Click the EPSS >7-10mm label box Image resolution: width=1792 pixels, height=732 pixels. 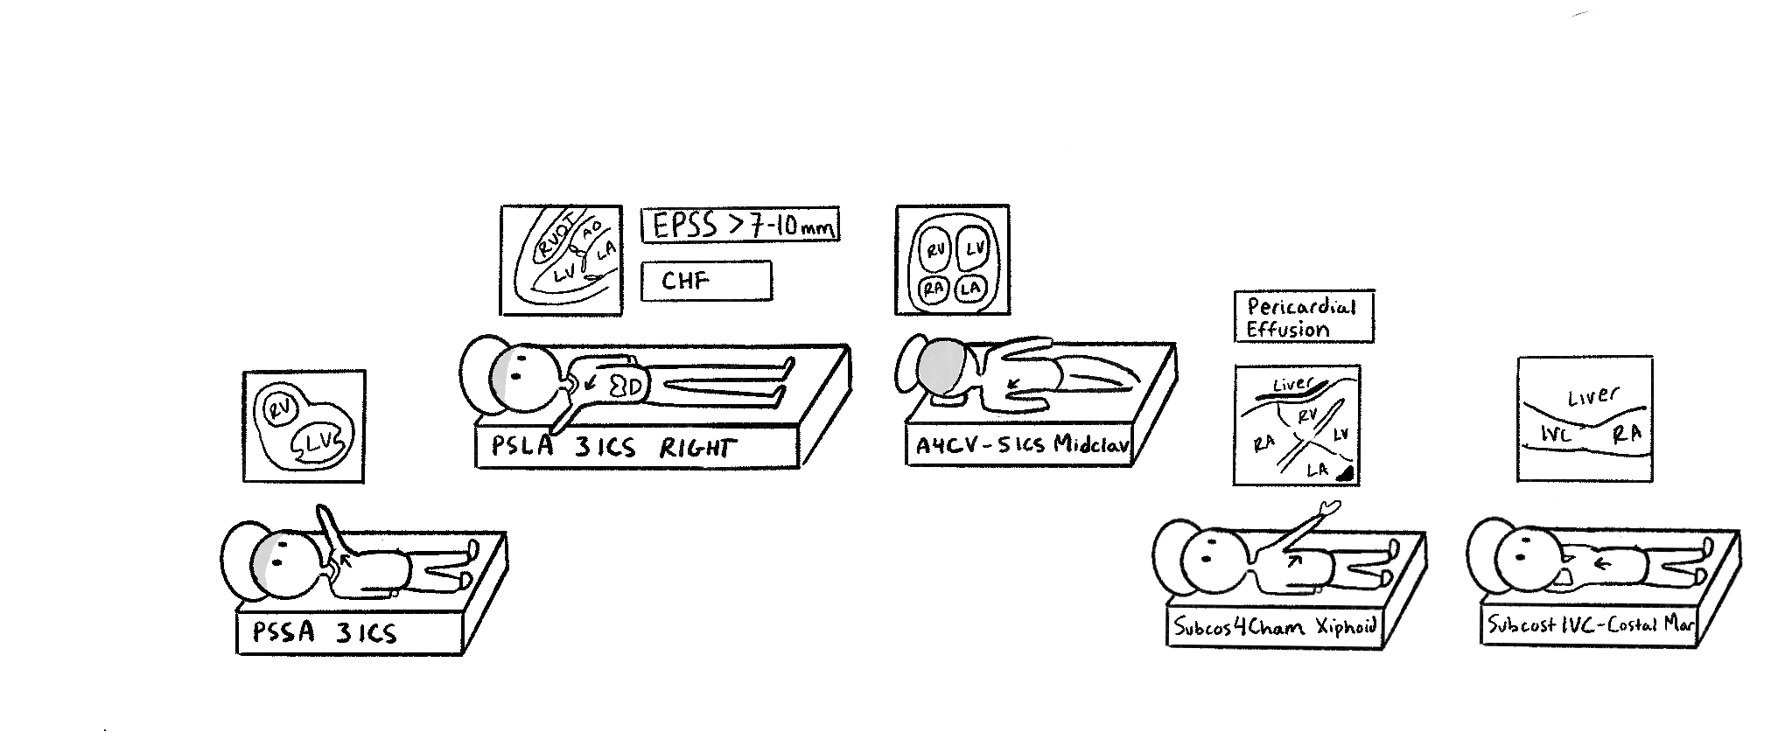pyautogui.click(x=740, y=226)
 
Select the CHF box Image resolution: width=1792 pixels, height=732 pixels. pyautogui.click(x=706, y=281)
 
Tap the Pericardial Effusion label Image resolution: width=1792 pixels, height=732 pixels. pyautogui.click(x=1303, y=317)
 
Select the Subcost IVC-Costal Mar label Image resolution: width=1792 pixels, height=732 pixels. pyautogui.click(x=1589, y=624)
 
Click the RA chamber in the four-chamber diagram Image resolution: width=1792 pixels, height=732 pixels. pyautogui.click(x=934, y=289)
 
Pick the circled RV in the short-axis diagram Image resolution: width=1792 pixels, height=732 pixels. pyautogui.click(x=279, y=409)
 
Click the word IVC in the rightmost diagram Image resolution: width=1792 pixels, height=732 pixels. pyautogui.click(x=1556, y=433)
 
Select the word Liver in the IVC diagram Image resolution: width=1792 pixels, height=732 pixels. pyautogui.click(x=1592, y=398)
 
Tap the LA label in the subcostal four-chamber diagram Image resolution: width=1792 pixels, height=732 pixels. pyautogui.click(x=1317, y=470)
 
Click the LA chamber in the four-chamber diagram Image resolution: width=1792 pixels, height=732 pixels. pyautogui.click(x=969, y=288)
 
